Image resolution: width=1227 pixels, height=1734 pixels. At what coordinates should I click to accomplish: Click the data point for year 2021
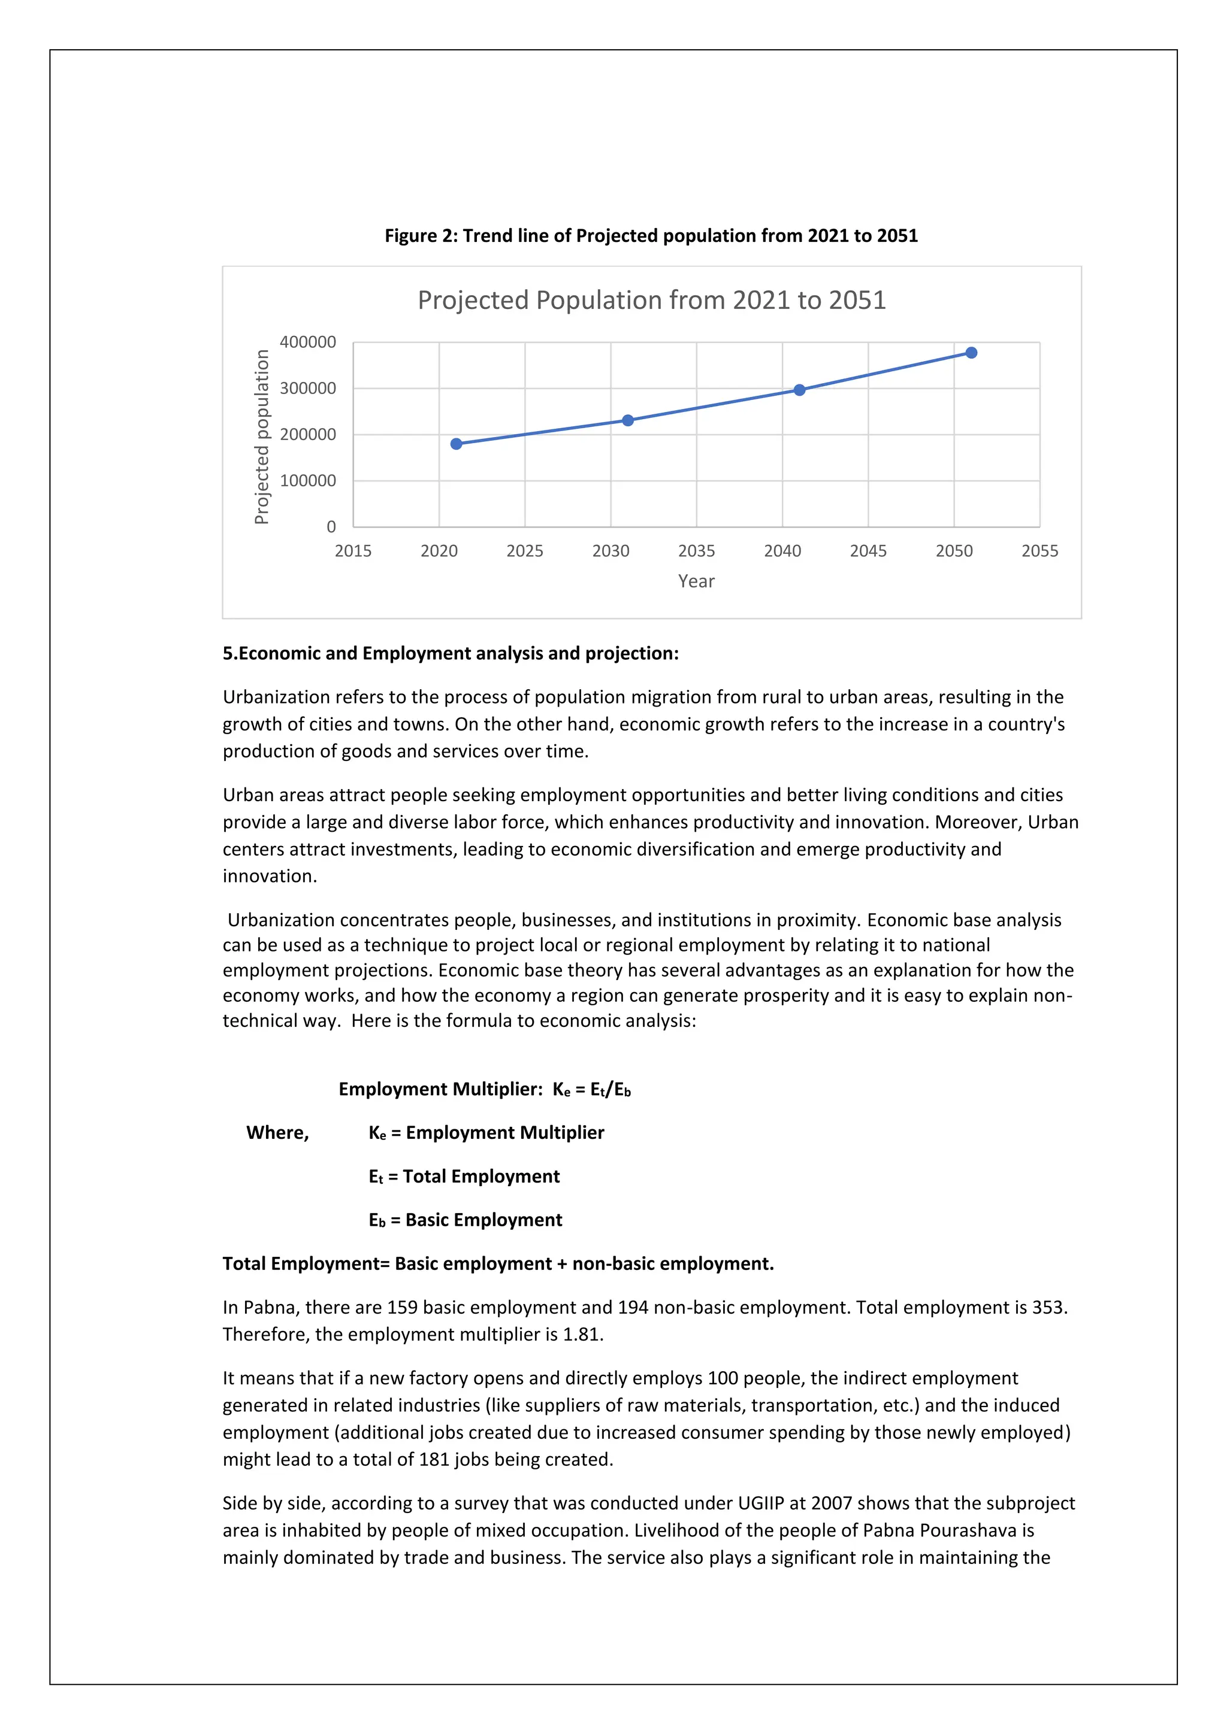(x=457, y=444)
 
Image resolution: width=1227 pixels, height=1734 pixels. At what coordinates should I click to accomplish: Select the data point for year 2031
(x=628, y=421)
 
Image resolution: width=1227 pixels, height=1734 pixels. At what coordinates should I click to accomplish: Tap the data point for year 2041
(x=799, y=390)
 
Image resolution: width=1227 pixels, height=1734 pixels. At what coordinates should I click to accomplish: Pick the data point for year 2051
(x=972, y=353)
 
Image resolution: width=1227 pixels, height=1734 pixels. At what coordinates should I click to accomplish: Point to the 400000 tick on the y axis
(x=307, y=342)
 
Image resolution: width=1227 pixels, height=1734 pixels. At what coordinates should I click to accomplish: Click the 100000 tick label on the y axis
(x=307, y=480)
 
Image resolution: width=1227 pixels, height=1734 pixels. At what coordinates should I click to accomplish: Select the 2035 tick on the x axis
(x=696, y=551)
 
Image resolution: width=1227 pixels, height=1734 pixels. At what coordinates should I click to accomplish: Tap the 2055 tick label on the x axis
(x=1039, y=551)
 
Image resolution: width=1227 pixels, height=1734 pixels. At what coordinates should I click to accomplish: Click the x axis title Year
(x=696, y=581)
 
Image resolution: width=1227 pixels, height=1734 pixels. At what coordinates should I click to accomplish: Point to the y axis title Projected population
(x=261, y=436)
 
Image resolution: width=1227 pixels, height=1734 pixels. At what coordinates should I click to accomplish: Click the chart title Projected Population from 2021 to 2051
(x=651, y=301)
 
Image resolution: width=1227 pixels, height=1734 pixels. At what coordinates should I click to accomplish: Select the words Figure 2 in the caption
(x=421, y=237)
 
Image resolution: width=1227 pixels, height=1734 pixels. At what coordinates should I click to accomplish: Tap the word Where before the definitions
(x=277, y=1133)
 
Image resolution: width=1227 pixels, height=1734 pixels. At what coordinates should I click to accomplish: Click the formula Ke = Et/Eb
(x=591, y=1089)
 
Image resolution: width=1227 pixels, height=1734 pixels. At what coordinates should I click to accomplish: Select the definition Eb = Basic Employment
(x=466, y=1220)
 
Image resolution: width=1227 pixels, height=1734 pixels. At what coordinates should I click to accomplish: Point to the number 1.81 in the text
(x=582, y=1335)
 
